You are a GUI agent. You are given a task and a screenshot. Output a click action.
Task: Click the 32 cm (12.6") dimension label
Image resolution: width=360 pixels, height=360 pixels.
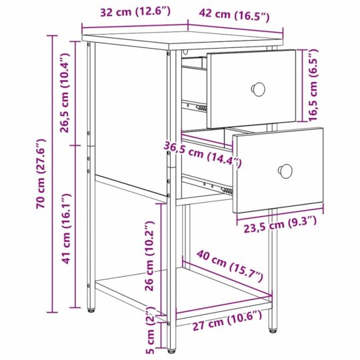coord(136,11)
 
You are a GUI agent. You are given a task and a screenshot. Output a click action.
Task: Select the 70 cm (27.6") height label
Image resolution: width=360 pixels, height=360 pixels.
coord(41,173)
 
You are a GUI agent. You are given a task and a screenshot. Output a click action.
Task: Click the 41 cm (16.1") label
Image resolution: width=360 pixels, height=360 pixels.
coord(66,229)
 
